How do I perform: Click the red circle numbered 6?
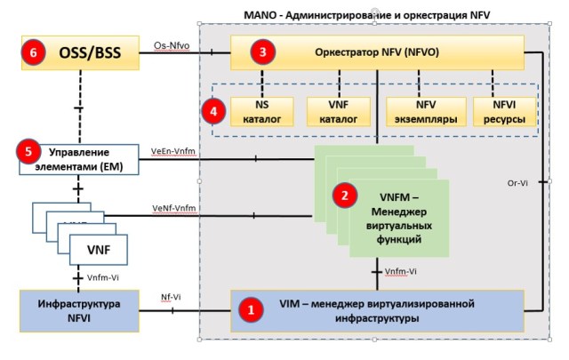click(32, 53)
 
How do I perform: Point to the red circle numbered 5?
click(28, 152)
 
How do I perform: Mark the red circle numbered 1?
click(252, 310)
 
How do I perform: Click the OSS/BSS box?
click(80, 53)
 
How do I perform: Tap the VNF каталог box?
click(332, 111)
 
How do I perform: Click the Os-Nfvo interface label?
click(172, 42)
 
